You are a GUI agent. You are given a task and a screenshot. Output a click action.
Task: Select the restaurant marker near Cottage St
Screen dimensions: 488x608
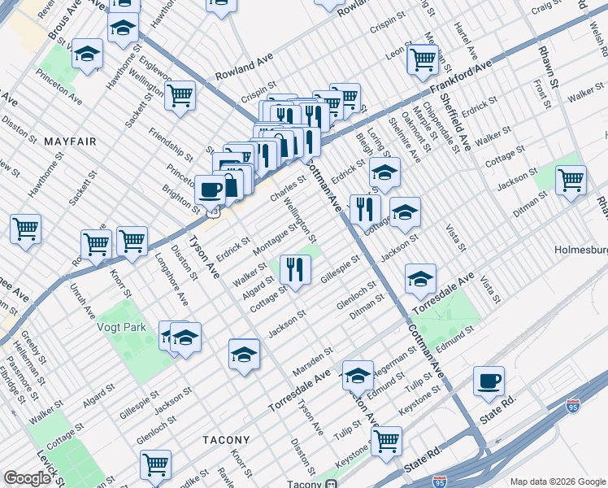click(295, 268)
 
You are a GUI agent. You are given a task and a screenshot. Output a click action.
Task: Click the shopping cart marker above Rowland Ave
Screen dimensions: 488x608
click(180, 95)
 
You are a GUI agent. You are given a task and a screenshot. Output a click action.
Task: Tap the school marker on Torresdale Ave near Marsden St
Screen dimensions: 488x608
click(358, 375)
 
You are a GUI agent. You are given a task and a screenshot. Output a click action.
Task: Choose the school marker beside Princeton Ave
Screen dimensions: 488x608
click(87, 54)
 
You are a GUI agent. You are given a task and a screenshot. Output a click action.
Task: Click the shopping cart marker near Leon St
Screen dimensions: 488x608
click(422, 58)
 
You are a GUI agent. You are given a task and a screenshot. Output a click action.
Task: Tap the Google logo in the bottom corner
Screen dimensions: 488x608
click(27, 478)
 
